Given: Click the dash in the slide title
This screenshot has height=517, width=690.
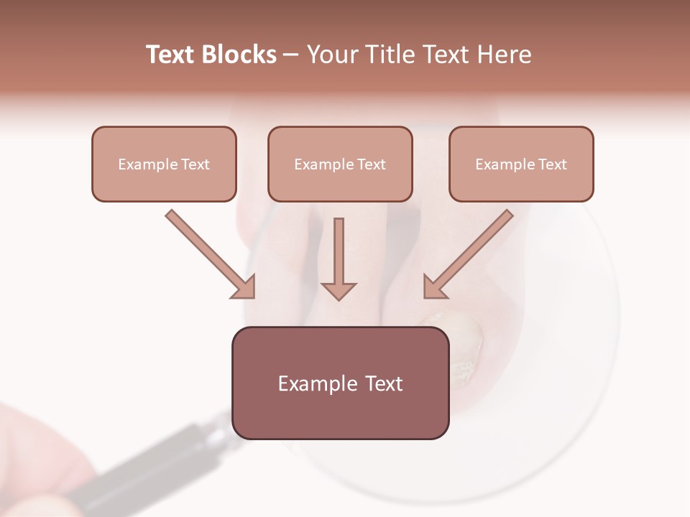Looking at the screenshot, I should pyautogui.click(x=291, y=55).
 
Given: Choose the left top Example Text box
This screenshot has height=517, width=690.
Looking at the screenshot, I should pyautogui.click(x=164, y=164).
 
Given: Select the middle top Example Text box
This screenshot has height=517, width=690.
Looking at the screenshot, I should pyautogui.click(x=340, y=164).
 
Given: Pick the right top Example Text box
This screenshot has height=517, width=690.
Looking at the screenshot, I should pyautogui.click(x=521, y=164).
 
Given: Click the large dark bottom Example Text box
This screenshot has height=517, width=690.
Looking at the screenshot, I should pyautogui.click(x=340, y=383).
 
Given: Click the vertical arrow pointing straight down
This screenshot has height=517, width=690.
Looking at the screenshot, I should pyautogui.click(x=339, y=255).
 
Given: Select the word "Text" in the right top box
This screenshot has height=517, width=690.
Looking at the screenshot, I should pyautogui.click(x=553, y=164).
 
